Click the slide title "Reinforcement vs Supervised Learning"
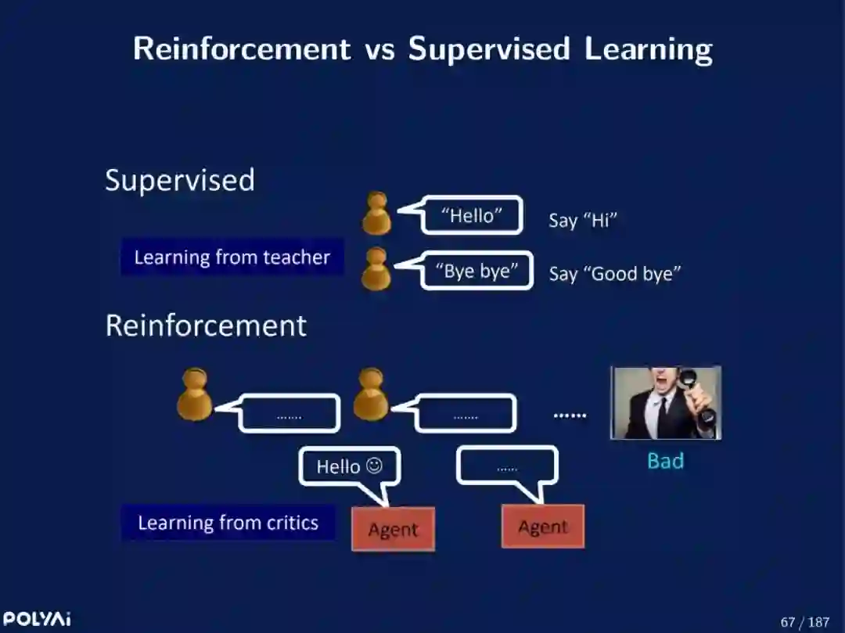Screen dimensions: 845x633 (422, 49)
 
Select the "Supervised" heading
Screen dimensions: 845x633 (180, 180)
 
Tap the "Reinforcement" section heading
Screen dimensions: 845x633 (206, 325)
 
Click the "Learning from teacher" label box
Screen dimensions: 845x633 (232, 257)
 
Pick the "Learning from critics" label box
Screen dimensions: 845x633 (228, 523)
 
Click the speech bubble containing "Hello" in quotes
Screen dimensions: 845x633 (471, 215)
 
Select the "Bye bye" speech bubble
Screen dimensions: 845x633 (476, 271)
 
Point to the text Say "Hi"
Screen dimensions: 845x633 (583, 220)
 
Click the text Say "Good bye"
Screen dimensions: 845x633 (615, 274)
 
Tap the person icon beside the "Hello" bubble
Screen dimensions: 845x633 (377, 214)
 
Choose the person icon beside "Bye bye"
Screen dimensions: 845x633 (377, 269)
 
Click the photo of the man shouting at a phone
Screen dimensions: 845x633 (665, 403)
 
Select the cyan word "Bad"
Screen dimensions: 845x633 (665, 461)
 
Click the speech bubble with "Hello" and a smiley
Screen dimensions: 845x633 (350, 466)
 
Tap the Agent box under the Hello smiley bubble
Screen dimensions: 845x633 (393, 529)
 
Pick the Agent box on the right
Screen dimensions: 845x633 (542, 527)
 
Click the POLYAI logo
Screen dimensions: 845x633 (36, 619)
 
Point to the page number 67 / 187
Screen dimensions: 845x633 (804, 622)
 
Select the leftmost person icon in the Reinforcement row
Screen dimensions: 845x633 (194, 396)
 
